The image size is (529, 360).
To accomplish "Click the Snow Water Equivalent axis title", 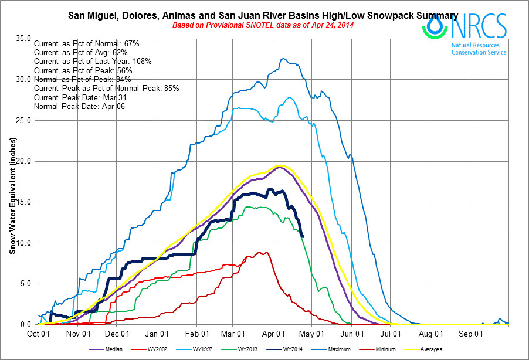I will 12,195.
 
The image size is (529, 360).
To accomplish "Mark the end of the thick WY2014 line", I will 302,236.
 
